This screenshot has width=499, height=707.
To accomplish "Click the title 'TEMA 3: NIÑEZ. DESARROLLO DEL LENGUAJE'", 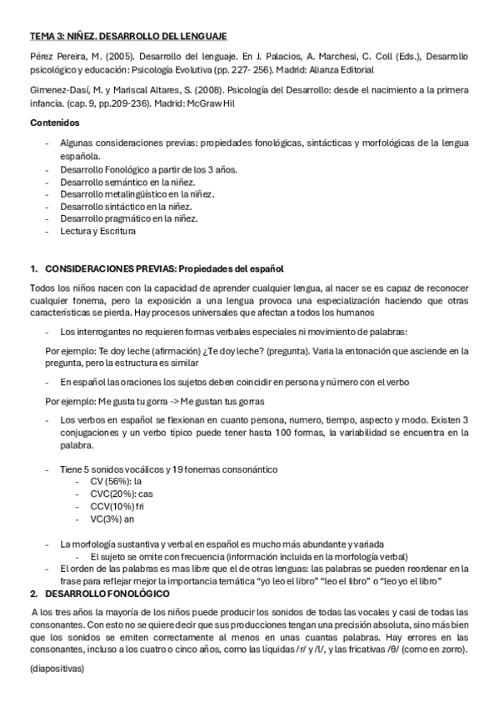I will (x=127, y=37).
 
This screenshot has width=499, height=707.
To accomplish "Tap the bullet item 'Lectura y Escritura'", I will (x=97, y=231).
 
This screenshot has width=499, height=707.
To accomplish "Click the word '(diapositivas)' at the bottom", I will (x=57, y=669).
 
